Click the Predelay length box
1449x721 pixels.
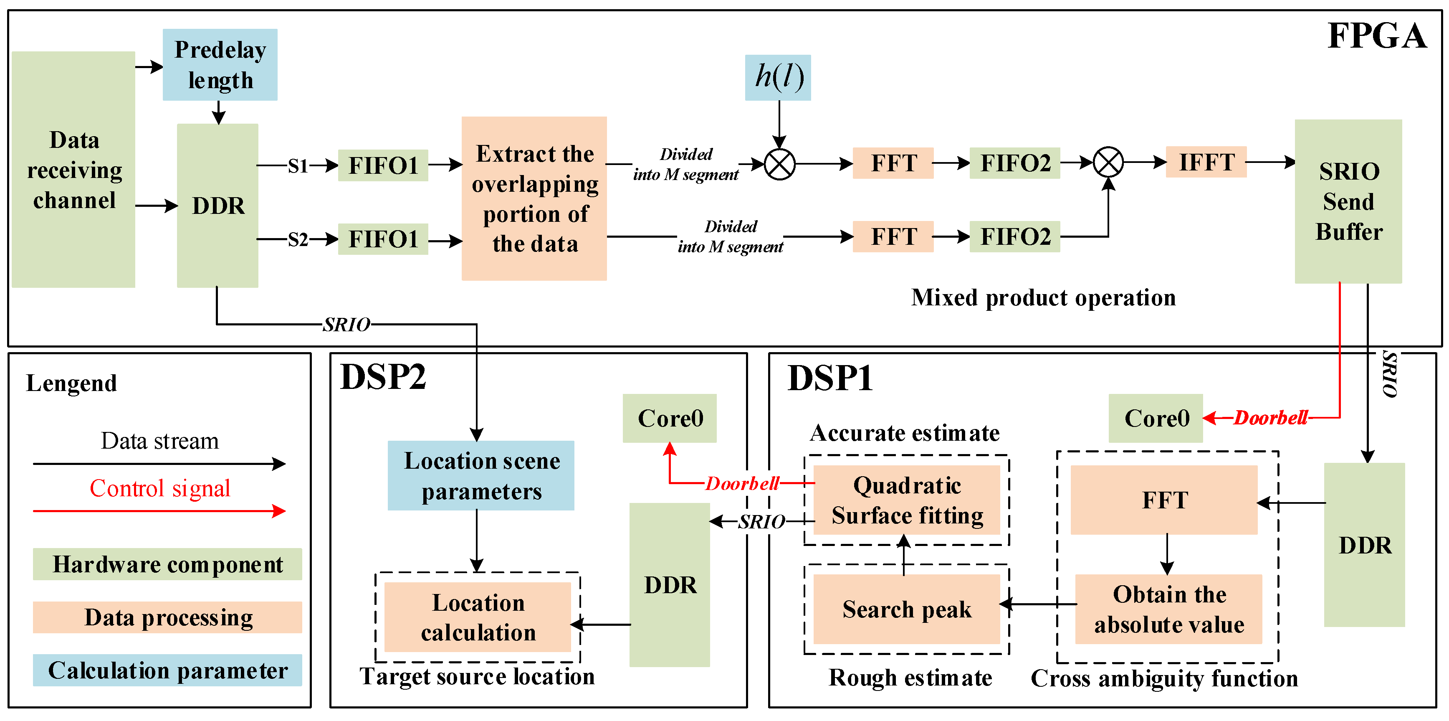coord(220,65)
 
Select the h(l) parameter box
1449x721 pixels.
coord(778,77)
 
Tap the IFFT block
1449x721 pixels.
coord(1206,162)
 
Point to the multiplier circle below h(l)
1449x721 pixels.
coord(780,164)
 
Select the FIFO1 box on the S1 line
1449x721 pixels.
coord(383,165)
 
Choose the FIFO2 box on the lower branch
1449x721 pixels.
coord(1015,236)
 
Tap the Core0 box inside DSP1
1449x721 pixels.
coord(1156,418)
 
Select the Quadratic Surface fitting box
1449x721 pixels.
coord(907,500)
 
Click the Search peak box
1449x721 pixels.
coord(907,609)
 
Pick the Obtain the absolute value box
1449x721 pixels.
coord(1168,609)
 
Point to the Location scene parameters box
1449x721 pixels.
coord(481,476)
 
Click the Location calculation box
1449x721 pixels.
coord(478,617)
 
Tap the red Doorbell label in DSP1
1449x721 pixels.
coord(1271,418)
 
